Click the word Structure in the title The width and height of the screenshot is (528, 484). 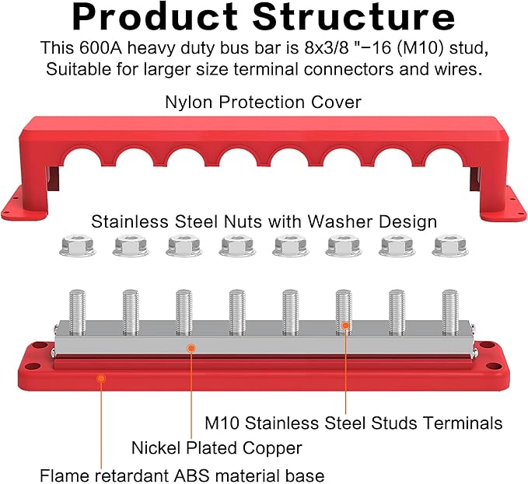click(354, 17)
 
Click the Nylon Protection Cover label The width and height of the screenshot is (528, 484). click(263, 102)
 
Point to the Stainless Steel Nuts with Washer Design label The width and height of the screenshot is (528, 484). click(264, 221)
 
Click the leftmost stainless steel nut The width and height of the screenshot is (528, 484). click(77, 247)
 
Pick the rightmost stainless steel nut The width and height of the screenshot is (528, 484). click(450, 247)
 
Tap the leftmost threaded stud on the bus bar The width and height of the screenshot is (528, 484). click(78, 312)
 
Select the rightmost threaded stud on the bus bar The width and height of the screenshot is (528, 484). click(450, 312)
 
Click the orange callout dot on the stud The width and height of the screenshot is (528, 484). click(345, 326)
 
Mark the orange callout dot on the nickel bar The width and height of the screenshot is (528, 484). click(191, 348)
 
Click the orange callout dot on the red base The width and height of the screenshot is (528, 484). click(100, 378)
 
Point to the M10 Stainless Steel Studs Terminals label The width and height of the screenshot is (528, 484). click(353, 423)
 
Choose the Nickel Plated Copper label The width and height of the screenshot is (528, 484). click(216, 448)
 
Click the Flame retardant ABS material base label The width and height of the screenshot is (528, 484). click(182, 475)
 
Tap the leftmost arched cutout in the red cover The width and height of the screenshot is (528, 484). click(82, 157)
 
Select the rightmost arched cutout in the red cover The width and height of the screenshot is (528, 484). click(444, 157)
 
